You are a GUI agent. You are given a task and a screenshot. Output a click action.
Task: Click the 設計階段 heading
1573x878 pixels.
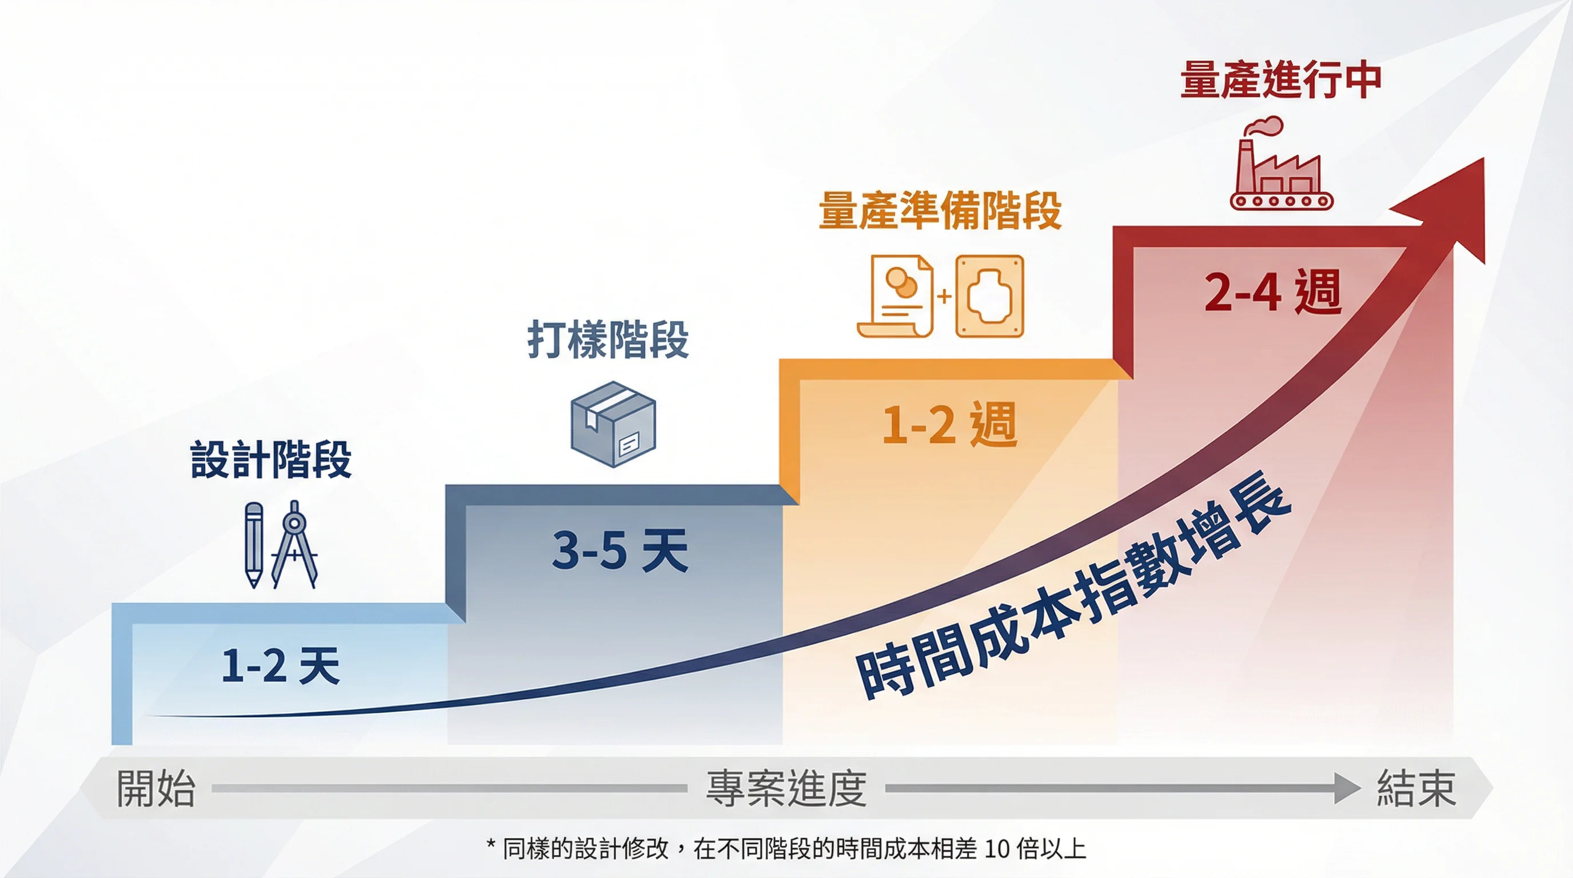click(270, 458)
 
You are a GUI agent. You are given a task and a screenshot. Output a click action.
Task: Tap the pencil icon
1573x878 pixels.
click(253, 545)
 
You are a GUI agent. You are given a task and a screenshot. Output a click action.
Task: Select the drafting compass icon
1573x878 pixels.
click(294, 545)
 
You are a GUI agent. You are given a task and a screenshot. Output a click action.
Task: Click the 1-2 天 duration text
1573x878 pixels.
click(280, 665)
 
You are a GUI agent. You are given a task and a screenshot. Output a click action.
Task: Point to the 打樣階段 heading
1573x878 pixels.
click(608, 340)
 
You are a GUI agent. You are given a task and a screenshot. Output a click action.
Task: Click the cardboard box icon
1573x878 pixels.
click(613, 424)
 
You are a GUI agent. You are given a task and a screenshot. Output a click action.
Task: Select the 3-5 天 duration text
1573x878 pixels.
click(620, 550)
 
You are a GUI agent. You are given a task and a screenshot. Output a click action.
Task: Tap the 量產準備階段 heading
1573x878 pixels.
click(940, 210)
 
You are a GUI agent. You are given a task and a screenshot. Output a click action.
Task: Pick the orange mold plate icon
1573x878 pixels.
click(989, 296)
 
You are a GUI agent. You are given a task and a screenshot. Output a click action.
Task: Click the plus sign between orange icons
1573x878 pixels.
click(944, 297)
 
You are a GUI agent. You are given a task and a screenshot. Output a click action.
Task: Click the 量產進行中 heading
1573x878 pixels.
click(1280, 80)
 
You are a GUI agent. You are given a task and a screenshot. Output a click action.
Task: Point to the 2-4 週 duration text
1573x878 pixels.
click(1273, 292)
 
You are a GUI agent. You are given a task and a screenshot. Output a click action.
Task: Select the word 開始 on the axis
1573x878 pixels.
click(155, 788)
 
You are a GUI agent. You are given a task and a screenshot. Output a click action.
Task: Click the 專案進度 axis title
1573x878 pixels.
click(787, 788)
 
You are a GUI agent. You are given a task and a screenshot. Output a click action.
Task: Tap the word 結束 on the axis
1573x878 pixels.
click(1416, 788)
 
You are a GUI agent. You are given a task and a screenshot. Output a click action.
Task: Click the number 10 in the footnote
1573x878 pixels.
click(997, 849)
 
